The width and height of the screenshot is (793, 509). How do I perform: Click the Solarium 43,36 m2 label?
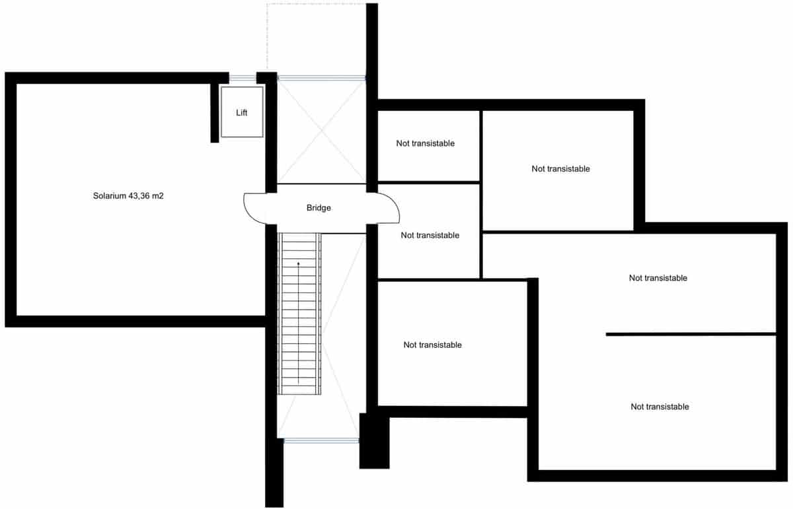[128, 196]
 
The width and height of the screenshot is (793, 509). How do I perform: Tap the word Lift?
[242, 113]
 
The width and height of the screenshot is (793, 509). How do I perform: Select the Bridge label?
[319, 208]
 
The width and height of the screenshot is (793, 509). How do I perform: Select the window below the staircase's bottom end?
[321, 440]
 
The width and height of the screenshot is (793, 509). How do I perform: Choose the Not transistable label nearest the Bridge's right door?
[430, 235]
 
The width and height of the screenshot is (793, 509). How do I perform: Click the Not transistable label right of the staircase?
[433, 345]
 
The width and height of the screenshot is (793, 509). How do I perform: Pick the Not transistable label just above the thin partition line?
[658, 278]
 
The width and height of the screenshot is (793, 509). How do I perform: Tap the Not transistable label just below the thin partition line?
[660, 407]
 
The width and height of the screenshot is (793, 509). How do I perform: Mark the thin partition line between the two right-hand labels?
[691, 334]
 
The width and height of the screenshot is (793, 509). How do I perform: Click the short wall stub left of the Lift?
[214, 112]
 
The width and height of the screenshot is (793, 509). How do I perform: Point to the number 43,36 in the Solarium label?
[142, 196]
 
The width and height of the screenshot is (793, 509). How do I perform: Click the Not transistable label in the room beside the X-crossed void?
[426, 143]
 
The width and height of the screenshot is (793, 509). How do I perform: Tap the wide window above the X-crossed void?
[321, 77]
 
